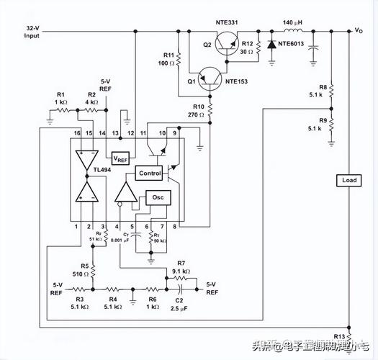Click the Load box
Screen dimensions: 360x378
click(x=348, y=180)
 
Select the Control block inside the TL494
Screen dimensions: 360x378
click(x=150, y=174)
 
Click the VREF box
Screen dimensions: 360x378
click(x=122, y=158)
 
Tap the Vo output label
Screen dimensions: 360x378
click(x=359, y=30)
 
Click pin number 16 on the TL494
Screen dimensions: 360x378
click(x=76, y=134)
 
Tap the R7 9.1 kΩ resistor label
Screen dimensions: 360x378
click(x=180, y=268)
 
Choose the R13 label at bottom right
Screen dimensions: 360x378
click(x=338, y=336)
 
